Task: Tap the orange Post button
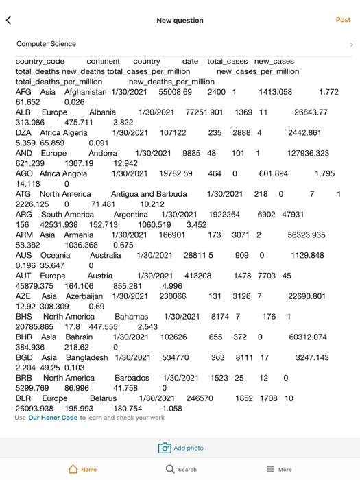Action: [x=343, y=20]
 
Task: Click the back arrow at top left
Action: [x=9, y=21]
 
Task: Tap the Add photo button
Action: [x=181, y=448]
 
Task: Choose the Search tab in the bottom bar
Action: [x=181, y=470]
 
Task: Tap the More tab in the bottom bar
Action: [x=279, y=470]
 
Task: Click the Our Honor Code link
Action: [x=53, y=418]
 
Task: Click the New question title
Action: [x=180, y=21]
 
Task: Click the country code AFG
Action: [x=23, y=92]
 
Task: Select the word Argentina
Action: [x=130, y=215]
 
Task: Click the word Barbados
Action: [x=132, y=378]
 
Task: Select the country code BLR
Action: [x=23, y=398]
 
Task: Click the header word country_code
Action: [x=40, y=62]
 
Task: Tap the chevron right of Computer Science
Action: [x=350, y=45]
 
